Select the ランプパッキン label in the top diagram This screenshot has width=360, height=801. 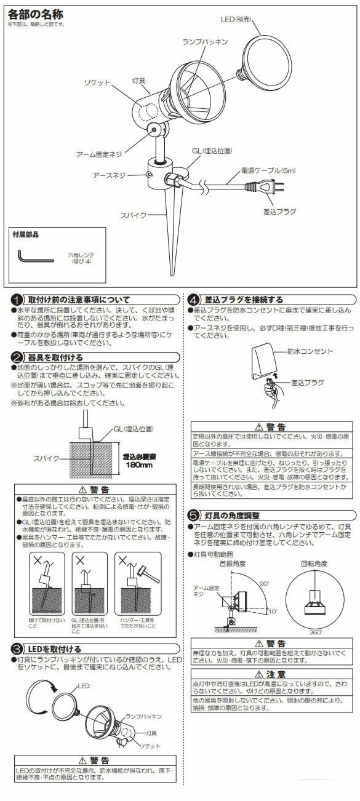tap(204, 42)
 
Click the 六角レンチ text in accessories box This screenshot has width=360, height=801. tap(81, 253)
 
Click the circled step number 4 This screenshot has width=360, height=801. tap(194, 300)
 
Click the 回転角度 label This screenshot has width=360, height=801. tap(313, 564)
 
